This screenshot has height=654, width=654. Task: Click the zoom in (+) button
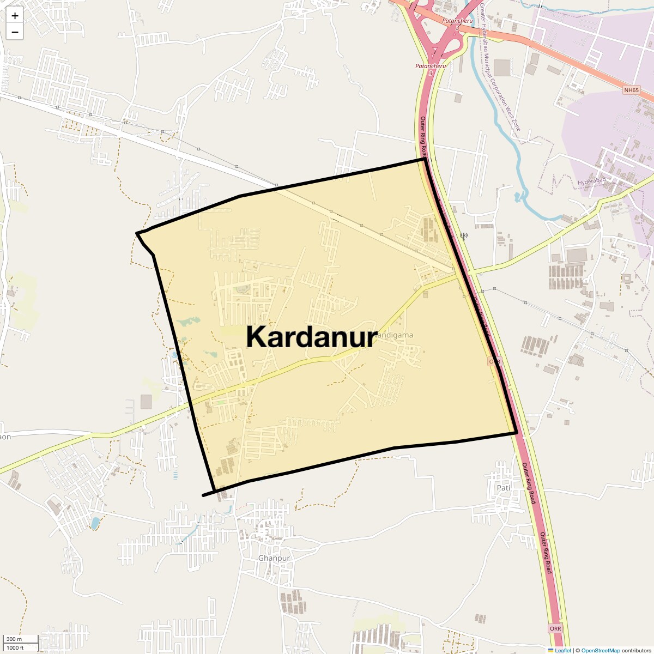[x=15, y=16]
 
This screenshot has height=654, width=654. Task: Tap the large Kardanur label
[x=311, y=337]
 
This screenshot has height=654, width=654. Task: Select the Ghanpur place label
[x=274, y=558]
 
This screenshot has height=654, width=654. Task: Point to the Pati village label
[x=503, y=488]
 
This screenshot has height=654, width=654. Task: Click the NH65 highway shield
[x=631, y=90]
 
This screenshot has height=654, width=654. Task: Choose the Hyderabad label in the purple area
[x=591, y=181]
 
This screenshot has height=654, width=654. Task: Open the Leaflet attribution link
[x=563, y=650]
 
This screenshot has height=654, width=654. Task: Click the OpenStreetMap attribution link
[x=600, y=650]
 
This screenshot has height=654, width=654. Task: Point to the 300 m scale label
[x=14, y=639]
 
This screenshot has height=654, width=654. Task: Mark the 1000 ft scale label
[x=15, y=647]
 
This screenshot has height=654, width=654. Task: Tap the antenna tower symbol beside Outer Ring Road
[x=464, y=236]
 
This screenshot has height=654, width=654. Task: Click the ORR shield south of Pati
[x=555, y=628]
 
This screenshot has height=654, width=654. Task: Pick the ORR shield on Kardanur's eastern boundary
[x=494, y=361]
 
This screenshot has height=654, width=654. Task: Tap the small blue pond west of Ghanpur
[x=95, y=523]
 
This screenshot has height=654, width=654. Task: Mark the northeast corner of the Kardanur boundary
[x=425, y=160]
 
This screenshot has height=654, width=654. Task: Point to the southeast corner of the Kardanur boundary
[x=516, y=433]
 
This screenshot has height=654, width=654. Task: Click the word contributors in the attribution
[x=636, y=650]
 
